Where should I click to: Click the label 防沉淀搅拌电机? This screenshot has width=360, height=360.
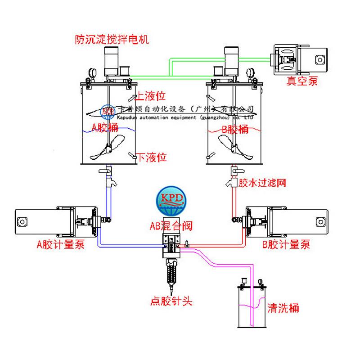[x=112, y=40]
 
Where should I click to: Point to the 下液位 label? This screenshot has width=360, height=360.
[x=152, y=157]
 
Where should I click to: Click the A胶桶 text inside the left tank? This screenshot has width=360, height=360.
[x=105, y=128]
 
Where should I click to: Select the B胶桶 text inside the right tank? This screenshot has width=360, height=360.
[x=235, y=130]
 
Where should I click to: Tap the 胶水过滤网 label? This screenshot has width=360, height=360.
[x=262, y=183]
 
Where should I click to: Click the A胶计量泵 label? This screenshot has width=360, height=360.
[x=60, y=245]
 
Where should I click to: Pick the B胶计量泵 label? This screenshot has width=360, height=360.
[x=286, y=245]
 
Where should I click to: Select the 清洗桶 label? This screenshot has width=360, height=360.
[x=283, y=308]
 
